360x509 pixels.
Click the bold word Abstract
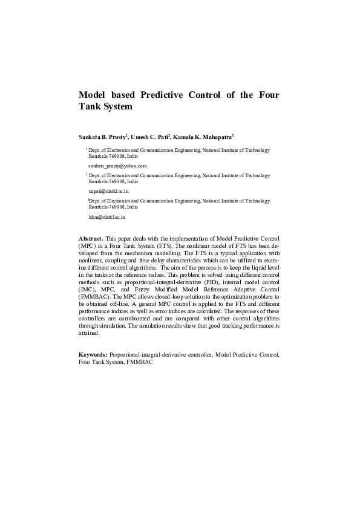tap(91, 239)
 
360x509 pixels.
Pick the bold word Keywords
tap(94, 353)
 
